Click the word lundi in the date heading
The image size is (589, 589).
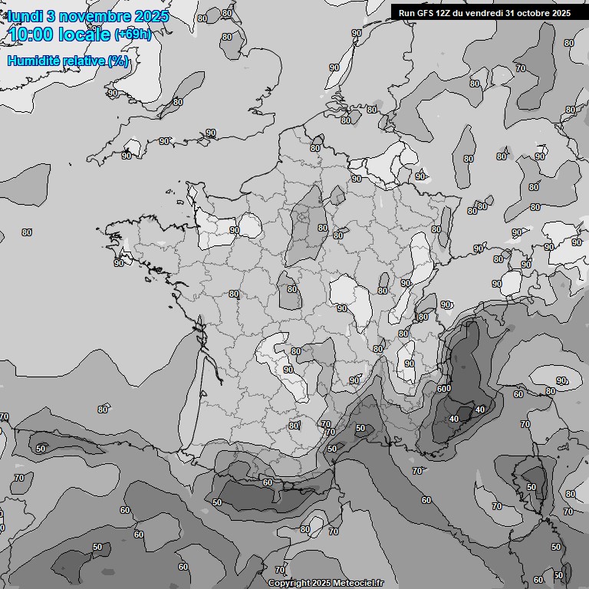pos(25,16)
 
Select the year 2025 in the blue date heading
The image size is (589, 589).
pos(150,16)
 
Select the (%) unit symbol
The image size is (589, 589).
pos(118,61)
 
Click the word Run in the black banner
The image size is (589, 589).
pos(406,13)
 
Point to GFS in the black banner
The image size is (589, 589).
pos(424,13)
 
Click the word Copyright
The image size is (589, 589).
pos(289,583)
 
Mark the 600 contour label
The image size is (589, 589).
pos(444,389)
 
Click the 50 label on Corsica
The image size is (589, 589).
pos(531,487)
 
